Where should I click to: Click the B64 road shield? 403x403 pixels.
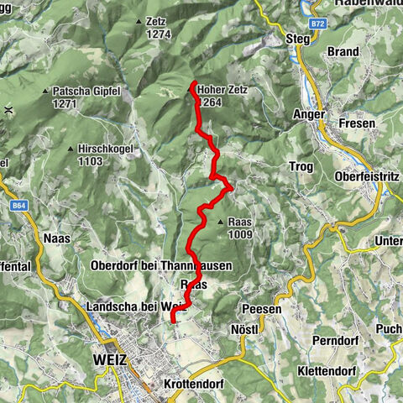(17, 204)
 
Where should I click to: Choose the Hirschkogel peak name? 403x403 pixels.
(104, 149)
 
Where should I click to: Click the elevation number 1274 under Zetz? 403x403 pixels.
(156, 34)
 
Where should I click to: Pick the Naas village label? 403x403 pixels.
(55, 238)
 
